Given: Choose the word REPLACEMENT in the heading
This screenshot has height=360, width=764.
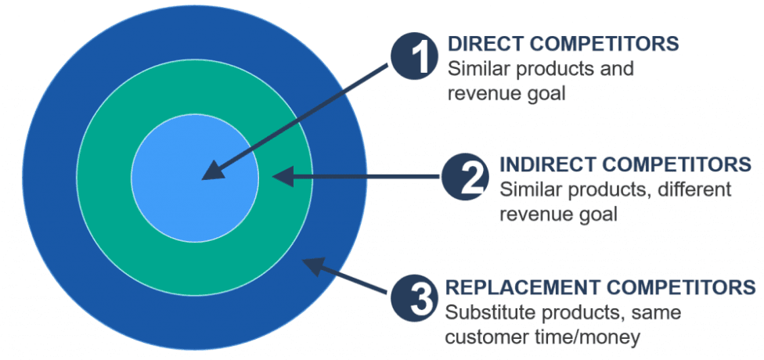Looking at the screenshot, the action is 509,287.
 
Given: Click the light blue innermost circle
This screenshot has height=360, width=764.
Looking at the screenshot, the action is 195,178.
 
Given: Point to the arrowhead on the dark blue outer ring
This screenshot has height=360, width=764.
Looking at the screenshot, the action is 313,266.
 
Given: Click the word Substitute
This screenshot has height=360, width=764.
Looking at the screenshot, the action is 486,312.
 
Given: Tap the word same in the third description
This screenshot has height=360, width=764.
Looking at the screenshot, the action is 657,312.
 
